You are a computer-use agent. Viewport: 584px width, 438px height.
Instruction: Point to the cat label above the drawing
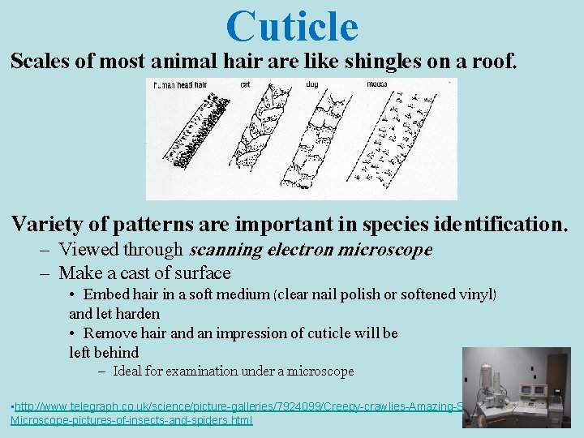point(245,84)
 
